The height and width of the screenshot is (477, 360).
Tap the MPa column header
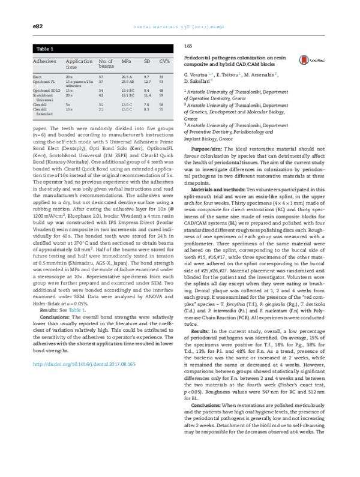[127, 61]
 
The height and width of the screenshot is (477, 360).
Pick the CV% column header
[163, 61]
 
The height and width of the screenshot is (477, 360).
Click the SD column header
[146, 61]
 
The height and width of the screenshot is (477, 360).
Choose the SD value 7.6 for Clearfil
[146, 104]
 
